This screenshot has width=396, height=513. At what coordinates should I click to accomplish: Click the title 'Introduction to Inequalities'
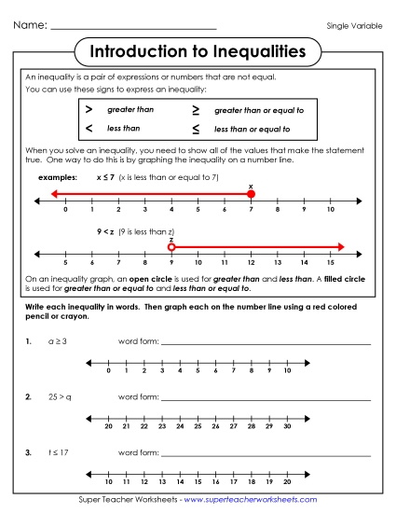point(198,49)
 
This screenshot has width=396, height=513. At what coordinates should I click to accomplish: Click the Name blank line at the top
point(133,28)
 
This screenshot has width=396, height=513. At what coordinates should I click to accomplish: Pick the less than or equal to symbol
point(196,129)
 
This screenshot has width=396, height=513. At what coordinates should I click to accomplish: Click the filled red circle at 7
point(251,194)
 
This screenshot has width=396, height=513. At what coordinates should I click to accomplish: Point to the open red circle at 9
point(171,247)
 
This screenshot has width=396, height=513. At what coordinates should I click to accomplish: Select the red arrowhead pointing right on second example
point(341,247)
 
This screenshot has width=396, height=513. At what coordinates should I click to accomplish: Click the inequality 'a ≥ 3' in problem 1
point(58,342)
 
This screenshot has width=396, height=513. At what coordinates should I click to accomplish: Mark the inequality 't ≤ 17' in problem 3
point(59,451)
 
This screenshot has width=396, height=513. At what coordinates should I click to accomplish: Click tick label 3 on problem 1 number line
point(163,371)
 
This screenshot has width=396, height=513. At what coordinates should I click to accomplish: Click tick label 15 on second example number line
point(331,264)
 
